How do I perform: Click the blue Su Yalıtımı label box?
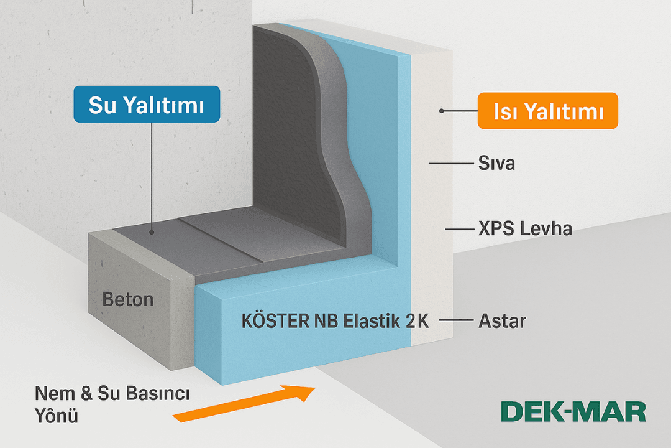point(146,104)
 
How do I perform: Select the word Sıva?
point(497,164)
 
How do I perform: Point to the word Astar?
point(502,322)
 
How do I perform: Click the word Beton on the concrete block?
point(127,299)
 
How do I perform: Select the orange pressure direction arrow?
point(249,404)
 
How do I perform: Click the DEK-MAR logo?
point(572,411)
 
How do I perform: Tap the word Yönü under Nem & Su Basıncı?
point(57,416)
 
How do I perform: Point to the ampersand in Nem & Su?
point(86,394)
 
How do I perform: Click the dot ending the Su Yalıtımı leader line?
point(152,231)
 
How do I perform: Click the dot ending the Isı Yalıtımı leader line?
point(441,111)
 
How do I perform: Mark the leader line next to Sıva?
point(449,164)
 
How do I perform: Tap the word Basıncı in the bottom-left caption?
point(156,394)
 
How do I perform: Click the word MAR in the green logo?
point(612,411)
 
